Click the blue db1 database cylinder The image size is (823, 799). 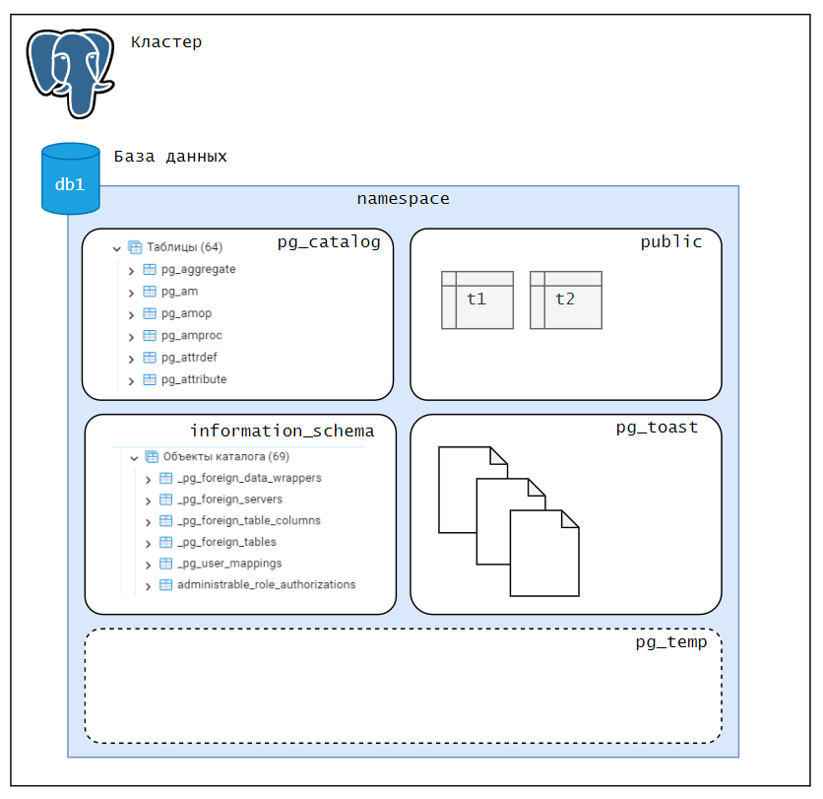click(x=71, y=179)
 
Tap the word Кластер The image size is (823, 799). click(x=166, y=42)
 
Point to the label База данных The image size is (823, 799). click(x=170, y=157)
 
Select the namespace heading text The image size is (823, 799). click(x=403, y=199)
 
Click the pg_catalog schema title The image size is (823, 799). click(x=328, y=242)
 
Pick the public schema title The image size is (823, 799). click(x=670, y=242)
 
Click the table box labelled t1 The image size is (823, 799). click(x=477, y=300)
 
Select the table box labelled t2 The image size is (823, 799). click(x=566, y=300)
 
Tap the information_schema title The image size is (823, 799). click(x=282, y=432)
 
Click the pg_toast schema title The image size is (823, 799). click(x=657, y=428)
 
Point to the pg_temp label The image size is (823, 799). click(x=670, y=643)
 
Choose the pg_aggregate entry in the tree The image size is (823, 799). click(x=198, y=269)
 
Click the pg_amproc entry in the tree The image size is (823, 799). click(x=191, y=335)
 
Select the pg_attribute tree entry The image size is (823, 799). click(x=193, y=379)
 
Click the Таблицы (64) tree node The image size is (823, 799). click(x=184, y=247)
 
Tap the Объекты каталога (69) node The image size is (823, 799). click(x=225, y=457)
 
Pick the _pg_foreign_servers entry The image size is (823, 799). click(x=229, y=499)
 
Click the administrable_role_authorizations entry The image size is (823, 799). click(x=266, y=585)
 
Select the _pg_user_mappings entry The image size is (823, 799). click(x=229, y=564)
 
